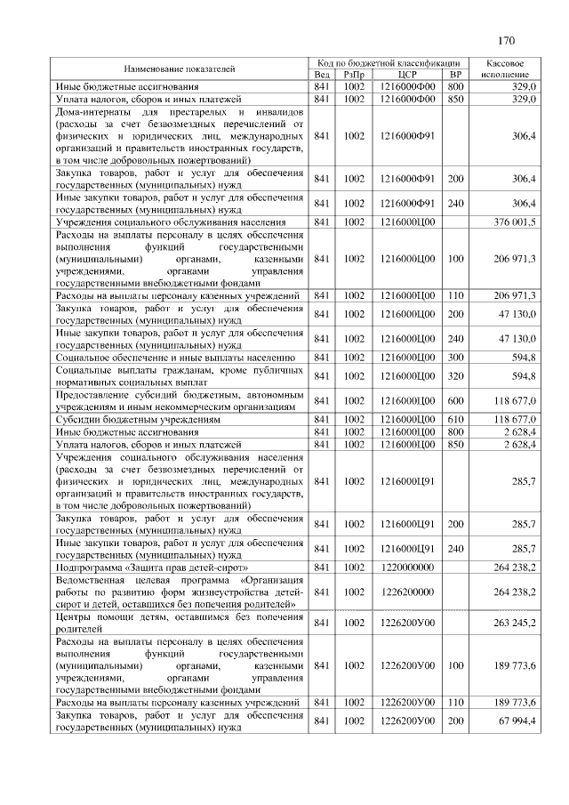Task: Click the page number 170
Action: click(x=507, y=40)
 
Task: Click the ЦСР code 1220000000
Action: click(x=407, y=566)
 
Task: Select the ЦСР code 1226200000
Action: click(x=407, y=591)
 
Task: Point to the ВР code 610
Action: click(x=455, y=418)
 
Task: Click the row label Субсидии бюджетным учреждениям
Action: click(x=138, y=418)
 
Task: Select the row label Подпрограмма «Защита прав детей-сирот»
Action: click(x=151, y=566)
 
